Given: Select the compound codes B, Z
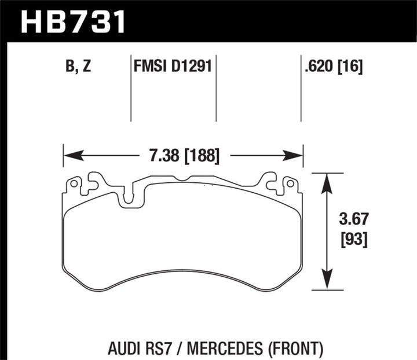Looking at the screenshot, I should click(79, 68).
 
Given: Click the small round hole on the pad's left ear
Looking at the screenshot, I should click(74, 184).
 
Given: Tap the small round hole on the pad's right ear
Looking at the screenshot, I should click(290, 184).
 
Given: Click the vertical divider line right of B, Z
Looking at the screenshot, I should click(131, 90).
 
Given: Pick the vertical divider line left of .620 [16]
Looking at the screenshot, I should click(301, 90).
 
